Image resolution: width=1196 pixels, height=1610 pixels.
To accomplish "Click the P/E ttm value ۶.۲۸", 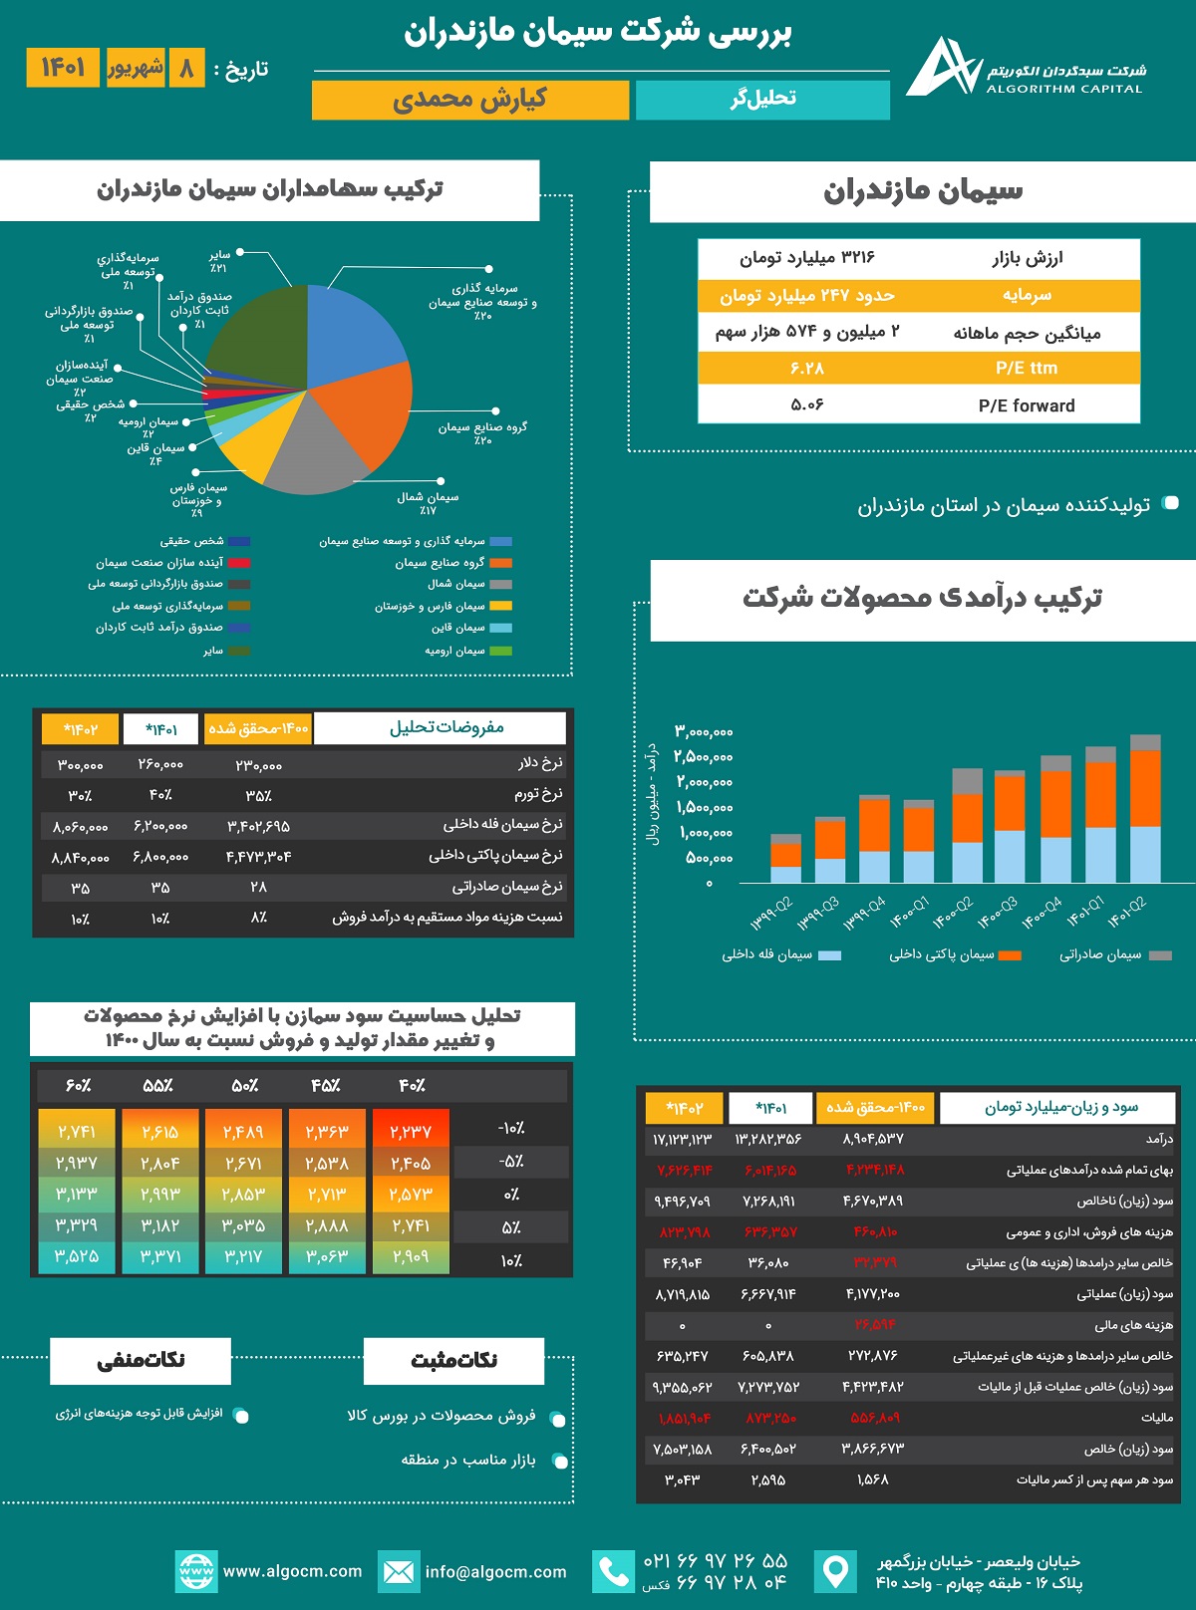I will pyautogui.click(x=807, y=369).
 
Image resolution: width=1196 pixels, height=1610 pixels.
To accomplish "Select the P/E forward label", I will pyautogui.click(x=1027, y=405).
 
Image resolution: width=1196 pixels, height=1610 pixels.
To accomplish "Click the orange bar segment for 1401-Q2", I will pyautogui.click(x=1145, y=788).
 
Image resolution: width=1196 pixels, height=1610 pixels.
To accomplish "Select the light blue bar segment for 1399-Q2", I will pyautogui.click(x=785, y=874).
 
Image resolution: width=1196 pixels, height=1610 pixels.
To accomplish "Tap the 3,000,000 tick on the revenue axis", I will pyautogui.click(x=704, y=732).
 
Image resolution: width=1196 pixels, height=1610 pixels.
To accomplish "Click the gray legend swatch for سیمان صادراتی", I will pyautogui.click(x=1160, y=955).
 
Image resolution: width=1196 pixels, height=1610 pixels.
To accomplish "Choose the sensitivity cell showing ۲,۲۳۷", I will pyautogui.click(x=412, y=1131).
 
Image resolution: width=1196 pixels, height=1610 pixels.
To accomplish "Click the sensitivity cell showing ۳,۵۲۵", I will pyautogui.click(x=77, y=1256).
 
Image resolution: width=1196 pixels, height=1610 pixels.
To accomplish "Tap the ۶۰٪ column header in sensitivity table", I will pyautogui.click(x=78, y=1085).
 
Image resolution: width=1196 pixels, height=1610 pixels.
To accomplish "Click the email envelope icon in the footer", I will pyautogui.click(x=398, y=1571).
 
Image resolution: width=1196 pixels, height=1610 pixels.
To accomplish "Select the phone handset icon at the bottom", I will pyautogui.click(x=613, y=1571).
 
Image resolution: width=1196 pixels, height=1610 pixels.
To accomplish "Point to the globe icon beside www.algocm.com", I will pyautogui.click(x=195, y=1571).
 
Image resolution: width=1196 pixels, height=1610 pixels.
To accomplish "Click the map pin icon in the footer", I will pyautogui.click(x=834, y=1571).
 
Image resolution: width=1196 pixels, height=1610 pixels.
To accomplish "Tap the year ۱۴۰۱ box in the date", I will pyautogui.click(x=63, y=68).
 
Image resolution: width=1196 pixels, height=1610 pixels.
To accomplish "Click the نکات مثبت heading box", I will pyautogui.click(x=453, y=1360).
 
